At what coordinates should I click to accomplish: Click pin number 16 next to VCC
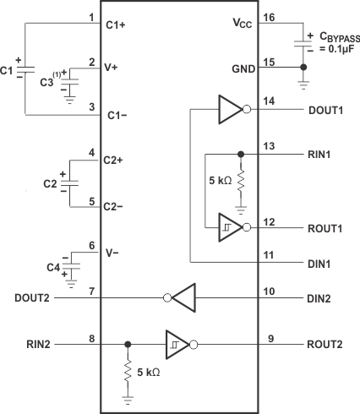click(269, 16)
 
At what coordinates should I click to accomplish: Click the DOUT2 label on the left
click(32, 297)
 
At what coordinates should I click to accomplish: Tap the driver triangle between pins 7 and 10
click(184, 297)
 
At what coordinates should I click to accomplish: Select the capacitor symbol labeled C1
click(26, 69)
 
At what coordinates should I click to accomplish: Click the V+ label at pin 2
click(112, 65)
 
